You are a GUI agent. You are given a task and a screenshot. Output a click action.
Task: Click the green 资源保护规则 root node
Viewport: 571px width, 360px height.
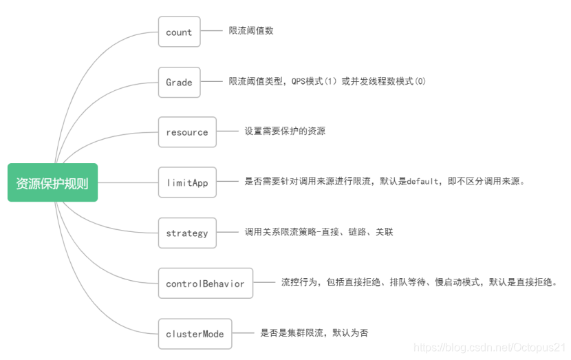coord(52,182)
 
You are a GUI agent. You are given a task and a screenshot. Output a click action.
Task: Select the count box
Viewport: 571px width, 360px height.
coord(179,32)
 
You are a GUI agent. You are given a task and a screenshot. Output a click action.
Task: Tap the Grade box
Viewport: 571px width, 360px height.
coord(179,82)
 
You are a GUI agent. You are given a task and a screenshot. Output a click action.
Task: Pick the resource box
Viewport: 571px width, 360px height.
coord(186,131)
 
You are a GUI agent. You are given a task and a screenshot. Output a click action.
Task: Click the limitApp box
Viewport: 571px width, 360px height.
coord(186,182)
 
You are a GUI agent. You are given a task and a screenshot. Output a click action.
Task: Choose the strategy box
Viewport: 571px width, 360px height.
coord(186,233)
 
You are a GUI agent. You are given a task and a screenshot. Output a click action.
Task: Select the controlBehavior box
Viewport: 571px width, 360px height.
coord(205,283)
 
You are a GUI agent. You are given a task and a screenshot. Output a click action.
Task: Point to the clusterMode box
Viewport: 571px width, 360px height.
coord(195,333)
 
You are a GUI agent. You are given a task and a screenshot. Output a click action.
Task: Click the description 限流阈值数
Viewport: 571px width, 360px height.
coord(251,31)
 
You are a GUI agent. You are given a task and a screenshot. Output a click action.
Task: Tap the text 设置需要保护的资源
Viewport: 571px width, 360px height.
coord(285,131)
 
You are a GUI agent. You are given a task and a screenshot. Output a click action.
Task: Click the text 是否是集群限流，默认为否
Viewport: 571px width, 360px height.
coord(314,333)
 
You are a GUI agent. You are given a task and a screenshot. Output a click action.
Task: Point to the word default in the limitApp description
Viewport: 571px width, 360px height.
coord(422,182)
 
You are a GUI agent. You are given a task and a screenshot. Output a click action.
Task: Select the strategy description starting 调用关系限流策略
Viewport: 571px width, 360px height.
coord(319,233)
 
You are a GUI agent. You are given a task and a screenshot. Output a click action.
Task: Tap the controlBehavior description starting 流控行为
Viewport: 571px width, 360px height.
coord(418,282)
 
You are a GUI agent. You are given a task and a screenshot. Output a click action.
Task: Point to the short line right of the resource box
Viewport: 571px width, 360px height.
coord(228,131)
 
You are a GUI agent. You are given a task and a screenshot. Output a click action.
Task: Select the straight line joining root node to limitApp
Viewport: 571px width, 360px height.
coord(128,182)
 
